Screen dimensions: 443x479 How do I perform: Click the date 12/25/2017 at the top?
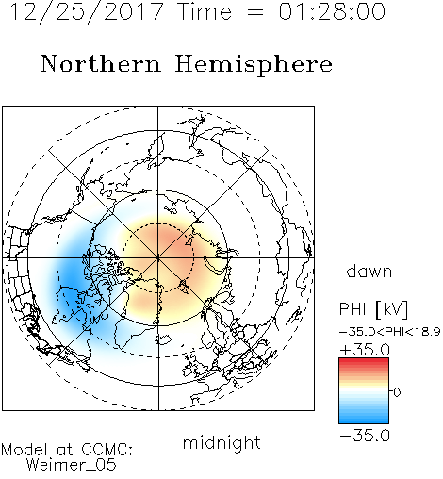(87, 12)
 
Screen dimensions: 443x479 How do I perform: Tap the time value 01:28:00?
(332, 11)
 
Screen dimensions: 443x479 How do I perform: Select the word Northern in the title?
(101, 63)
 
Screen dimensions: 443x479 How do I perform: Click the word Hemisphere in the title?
(254, 65)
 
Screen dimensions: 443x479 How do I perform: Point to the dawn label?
(369, 271)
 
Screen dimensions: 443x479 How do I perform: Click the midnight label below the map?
(221, 443)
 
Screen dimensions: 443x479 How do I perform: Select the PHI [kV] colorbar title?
(373, 309)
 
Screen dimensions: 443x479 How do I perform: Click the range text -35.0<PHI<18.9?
(389, 332)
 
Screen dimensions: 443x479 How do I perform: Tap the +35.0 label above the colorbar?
(365, 350)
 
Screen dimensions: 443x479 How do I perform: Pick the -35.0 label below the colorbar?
(365, 436)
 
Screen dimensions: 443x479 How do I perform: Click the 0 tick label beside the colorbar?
(397, 392)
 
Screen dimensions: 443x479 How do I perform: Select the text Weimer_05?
(72, 464)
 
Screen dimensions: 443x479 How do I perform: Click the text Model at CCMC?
(67, 450)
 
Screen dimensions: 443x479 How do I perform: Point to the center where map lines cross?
(158, 258)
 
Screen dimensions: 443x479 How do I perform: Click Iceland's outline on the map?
(163, 339)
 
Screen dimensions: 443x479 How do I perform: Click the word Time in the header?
(205, 11)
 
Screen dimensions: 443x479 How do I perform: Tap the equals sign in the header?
(255, 12)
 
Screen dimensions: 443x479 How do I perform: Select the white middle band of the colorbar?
(364, 390)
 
